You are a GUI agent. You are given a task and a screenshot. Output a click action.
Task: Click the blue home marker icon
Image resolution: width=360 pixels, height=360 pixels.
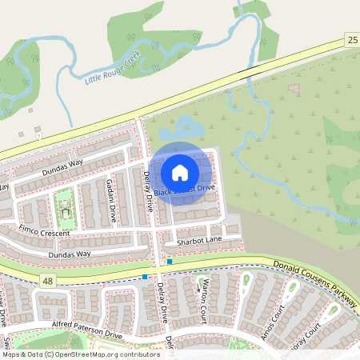[180, 172]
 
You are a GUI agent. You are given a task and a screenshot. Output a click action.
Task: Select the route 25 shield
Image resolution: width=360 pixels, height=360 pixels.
[353, 39]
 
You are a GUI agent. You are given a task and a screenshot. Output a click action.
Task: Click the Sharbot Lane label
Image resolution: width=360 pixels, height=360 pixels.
[199, 239]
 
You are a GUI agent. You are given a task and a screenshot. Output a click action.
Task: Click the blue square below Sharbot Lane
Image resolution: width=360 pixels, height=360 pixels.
[170, 261]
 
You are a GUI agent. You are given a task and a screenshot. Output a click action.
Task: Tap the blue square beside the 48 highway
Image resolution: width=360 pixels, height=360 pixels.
[144, 277]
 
